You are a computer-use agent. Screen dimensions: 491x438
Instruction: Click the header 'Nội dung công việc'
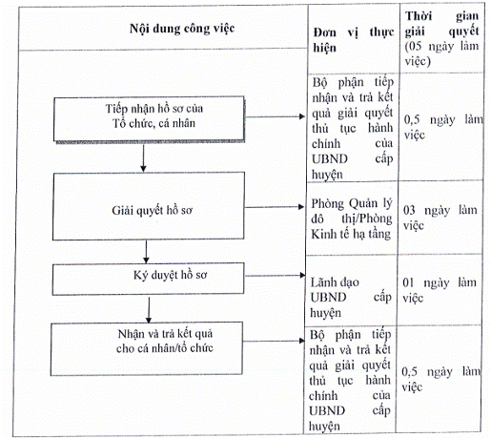[x=182, y=29]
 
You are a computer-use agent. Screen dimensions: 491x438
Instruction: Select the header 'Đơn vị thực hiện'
[x=354, y=40]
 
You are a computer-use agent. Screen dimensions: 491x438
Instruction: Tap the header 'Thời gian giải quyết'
[x=441, y=24]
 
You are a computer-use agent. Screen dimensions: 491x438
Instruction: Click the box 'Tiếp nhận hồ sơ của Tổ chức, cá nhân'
[x=149, y=119]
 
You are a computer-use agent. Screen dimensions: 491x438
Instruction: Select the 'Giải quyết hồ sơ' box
[x=149, y=206]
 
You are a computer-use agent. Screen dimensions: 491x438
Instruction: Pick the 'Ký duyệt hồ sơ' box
[x=148, y=279]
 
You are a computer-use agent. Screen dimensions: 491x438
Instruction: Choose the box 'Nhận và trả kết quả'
[x=147, y=348]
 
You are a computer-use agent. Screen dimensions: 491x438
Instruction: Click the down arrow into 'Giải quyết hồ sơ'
[x=143, y=158]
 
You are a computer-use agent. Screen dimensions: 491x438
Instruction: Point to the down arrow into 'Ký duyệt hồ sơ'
[x=146, y=251]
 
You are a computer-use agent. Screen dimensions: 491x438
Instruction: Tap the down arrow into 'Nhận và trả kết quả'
[x=149, y=309]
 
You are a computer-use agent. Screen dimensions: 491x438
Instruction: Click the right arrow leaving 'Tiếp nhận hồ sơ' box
[x=275, y=116]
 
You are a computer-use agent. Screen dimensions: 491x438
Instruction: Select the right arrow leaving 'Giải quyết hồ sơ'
[x=275, y=207]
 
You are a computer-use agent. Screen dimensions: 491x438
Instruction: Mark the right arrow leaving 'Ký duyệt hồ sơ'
[x=275, y=276]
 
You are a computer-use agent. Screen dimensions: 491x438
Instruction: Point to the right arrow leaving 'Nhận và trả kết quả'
[x=274, y=341]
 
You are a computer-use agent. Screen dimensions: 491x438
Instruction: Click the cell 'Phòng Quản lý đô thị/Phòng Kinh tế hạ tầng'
[x=352, y=219]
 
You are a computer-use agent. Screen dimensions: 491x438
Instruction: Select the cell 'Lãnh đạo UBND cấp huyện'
[x=351, y=298]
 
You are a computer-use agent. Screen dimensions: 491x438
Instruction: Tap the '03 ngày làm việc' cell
[x=440, y=218]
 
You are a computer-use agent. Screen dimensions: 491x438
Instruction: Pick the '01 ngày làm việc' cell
[x=440, y=290]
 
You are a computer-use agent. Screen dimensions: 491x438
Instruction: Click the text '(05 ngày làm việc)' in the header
[x=441, y=53]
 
